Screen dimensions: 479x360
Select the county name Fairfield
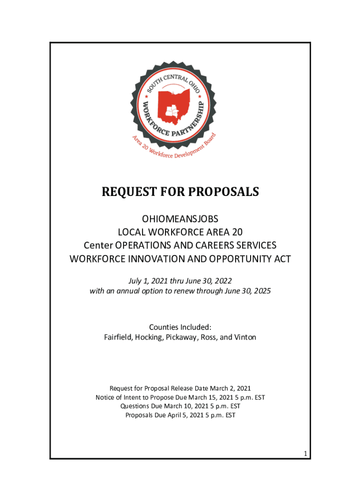(118, 337)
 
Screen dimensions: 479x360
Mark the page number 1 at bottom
(305, 454)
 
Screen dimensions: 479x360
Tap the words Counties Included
(179, 327)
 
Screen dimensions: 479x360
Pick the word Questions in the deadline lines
(135, 406)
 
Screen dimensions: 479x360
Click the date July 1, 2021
(147, 281)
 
